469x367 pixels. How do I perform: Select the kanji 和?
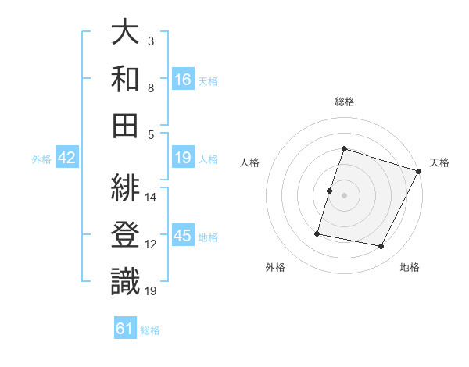[125, 79]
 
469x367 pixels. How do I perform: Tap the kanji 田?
[125, 124]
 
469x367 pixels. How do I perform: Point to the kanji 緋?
[125, 189]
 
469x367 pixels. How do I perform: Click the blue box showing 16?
[183, 79]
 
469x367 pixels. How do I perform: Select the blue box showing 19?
[183, 158]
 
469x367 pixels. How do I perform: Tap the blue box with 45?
[183, 236]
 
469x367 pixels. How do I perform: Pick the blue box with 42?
[67, 158]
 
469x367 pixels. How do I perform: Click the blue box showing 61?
[125, 329]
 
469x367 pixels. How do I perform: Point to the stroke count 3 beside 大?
[151, 41]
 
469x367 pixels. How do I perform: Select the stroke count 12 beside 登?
[151, 244]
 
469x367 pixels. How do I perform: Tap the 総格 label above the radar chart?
[345, 102]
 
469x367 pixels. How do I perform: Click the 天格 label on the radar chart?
[439, 162]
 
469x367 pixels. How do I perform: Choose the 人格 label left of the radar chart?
[250, 162]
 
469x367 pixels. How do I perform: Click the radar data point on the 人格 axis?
[330, 191]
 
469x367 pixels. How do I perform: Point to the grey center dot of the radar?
[345, 195]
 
